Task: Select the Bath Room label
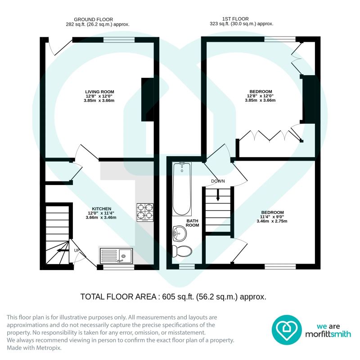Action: click(193, 223)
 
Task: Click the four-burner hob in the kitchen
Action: click(145, 212)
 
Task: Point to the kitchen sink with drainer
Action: click(116, 256)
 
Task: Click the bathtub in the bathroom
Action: click(182, 189)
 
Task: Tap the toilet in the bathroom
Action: click(182, 251)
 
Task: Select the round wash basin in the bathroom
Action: click(179, 234)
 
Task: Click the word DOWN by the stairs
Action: click(218, 181)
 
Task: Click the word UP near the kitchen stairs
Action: click(76, 250)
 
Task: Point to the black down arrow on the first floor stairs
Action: click(218, 195)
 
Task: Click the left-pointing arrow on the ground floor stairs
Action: click(63, 251)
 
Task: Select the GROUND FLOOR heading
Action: click(94, 19)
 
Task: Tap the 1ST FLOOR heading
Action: click(235, 19)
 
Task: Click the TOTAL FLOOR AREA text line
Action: click(173, 297)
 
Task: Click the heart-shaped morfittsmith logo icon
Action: click(287, 330)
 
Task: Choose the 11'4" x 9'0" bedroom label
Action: click(272, 217)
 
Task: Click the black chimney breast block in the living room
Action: click(148, 99)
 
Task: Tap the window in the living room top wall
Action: click(119, 40)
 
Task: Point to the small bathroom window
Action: click(187, 266)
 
